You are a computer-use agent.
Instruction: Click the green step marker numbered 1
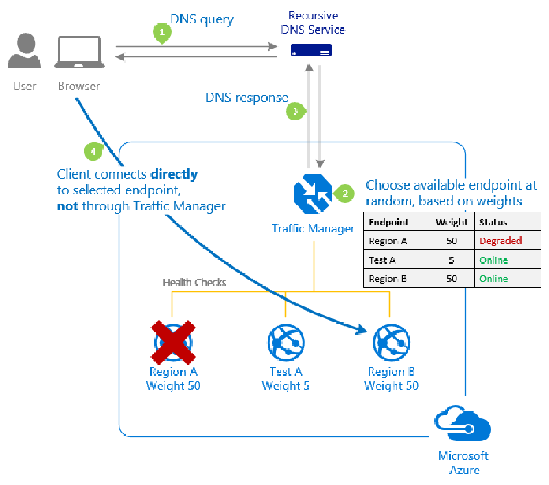tap(161, 32)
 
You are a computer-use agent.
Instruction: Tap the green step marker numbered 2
tap(344, 194)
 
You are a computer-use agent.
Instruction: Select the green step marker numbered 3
tap(294, 111)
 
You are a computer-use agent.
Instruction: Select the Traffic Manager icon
tap(312, 194)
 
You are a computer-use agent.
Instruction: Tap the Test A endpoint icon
tap(285, 341)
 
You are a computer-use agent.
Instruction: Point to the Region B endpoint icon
tap(391, 341)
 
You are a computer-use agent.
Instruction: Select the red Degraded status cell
tap(500, 241)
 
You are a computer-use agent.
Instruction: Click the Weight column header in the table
tap(452, 223)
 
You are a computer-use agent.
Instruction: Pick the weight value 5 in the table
tap(452, 260)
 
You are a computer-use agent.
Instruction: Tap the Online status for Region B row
tap(493, 279)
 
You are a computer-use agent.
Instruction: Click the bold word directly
tap(174, 174)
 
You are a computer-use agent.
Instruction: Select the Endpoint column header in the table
tap(388, 223)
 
